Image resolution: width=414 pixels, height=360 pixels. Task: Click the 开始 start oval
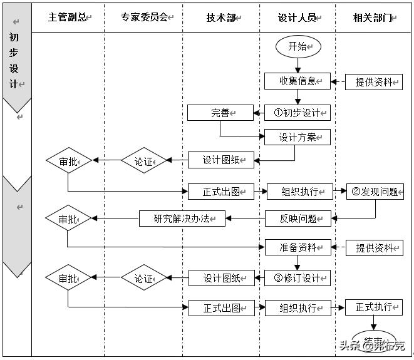coord(298,47)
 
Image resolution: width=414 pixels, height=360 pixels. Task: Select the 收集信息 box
coord(297,81)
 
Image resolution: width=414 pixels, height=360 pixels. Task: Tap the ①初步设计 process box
coord(297,113)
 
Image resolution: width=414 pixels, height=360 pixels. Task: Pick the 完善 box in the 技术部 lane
coord(220,113)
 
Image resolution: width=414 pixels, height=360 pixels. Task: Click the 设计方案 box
coord(297,137)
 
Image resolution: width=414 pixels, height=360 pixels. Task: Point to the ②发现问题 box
coord(375,192)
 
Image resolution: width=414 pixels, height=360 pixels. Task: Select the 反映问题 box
coord(298,219)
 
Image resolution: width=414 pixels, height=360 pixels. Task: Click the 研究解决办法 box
coord(182,219)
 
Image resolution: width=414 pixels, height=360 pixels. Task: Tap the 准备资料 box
coord(298,247)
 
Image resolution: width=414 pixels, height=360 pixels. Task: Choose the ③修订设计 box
coord(298,278)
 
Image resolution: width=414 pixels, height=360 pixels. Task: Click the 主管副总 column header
coord(68,18)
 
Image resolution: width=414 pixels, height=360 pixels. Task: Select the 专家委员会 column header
coord(144,18)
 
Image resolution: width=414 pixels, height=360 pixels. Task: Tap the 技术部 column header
coord(221,18)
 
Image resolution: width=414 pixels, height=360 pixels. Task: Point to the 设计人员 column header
coord(298,18)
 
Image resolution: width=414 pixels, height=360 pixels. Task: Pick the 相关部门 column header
coord(374,18)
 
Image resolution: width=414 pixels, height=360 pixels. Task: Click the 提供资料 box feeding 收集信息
coord(374,81)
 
